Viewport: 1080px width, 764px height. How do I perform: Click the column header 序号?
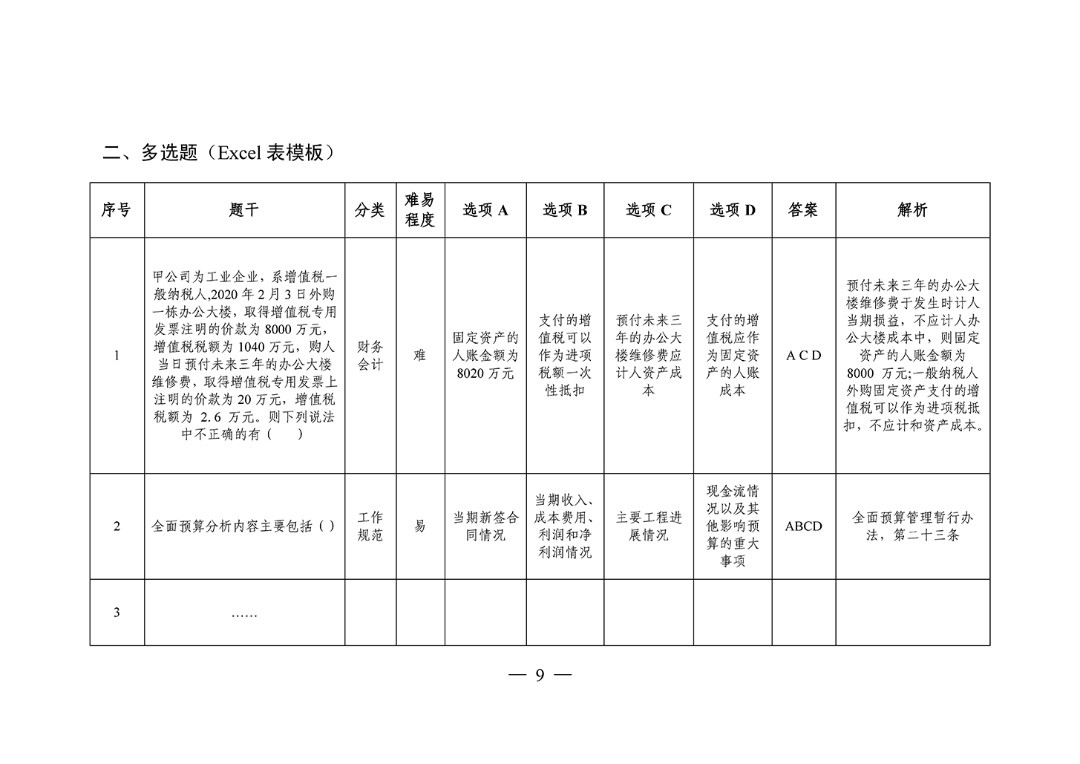point(117,210)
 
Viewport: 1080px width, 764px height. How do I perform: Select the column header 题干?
point(244,210)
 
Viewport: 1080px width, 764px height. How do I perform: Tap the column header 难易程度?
point(420,210)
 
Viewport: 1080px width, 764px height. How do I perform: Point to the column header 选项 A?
point(485,210)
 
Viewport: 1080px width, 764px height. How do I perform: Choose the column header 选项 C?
point(649,210)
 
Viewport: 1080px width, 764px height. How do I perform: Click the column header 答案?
point(803,210)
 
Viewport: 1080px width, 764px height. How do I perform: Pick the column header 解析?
point(912,210)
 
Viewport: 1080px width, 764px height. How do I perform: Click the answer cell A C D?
point(803,356)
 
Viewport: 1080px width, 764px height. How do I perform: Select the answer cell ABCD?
point(803,526)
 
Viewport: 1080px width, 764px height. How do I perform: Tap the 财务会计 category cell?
point(370,356)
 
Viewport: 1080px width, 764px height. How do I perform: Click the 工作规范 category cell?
point(370,526)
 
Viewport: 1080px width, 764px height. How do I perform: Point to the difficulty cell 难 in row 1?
point(420,356)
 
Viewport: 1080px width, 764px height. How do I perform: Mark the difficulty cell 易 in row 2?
point(420,526)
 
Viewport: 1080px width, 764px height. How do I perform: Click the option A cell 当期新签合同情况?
point(485,526)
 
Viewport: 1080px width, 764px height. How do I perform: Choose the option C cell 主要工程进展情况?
point(649,526)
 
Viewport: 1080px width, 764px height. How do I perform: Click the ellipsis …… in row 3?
point(243,613)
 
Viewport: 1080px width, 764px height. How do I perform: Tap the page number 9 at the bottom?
point(540,675)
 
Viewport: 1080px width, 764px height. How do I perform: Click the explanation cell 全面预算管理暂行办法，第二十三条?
point(912,526)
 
